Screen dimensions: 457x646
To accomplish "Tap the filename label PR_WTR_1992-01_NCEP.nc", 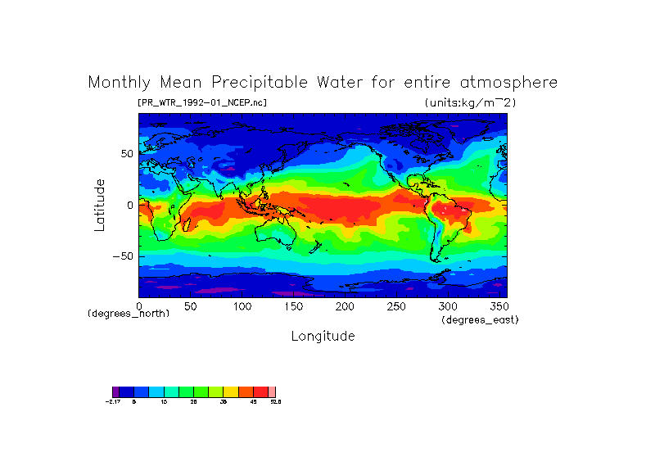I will [202, 102].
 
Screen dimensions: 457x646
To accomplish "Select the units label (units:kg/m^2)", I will [470, 102].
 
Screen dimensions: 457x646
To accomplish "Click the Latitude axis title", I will [100, 205].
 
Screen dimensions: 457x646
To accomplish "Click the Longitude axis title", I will [323, 336].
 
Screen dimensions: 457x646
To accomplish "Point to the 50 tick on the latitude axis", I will [127, 154].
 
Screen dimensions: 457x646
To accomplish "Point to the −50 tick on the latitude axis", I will [124, 256].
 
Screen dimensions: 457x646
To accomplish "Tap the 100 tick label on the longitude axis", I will [242, 306].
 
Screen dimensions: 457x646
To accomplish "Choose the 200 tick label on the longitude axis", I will [345, 306].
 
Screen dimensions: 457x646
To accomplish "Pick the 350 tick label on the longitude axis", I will [499, 306].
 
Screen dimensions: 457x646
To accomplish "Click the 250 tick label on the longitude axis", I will [395, 306].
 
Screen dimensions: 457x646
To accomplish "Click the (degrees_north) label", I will [129, 314].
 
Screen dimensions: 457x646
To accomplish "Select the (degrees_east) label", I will [480, 319].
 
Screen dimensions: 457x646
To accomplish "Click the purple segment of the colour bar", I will [115, 391].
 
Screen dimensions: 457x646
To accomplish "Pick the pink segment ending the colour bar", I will [272, 391].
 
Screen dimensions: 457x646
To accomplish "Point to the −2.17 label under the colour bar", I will [113, 401].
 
